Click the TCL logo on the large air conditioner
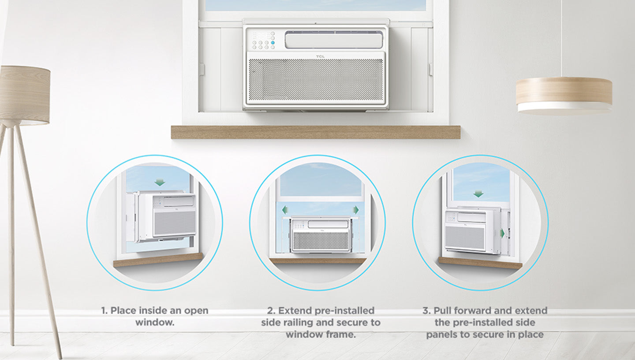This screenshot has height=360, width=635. coord(320,57)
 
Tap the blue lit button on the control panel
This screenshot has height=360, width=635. coord(273,42)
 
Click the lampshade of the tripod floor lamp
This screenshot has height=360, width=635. coord(25,95)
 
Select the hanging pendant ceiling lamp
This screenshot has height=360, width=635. coord(564,95)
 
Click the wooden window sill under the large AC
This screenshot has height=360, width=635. coord(316,132)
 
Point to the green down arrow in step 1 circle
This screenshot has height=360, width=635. coord(160,182)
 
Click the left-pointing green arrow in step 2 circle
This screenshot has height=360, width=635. coord(285,210)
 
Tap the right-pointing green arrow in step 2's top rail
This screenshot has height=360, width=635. coord(356,210)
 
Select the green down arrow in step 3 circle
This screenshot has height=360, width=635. coord(478,194)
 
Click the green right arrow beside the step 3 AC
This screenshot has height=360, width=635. coord(502,234)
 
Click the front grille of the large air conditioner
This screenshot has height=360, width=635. coord(316,80)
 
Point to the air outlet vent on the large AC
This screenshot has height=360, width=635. coord(334,40)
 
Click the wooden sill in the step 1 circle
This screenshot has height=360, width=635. coord(158,260)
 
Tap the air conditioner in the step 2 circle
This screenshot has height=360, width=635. coord(320,234)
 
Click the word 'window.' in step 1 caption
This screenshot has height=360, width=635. coord(155,323)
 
